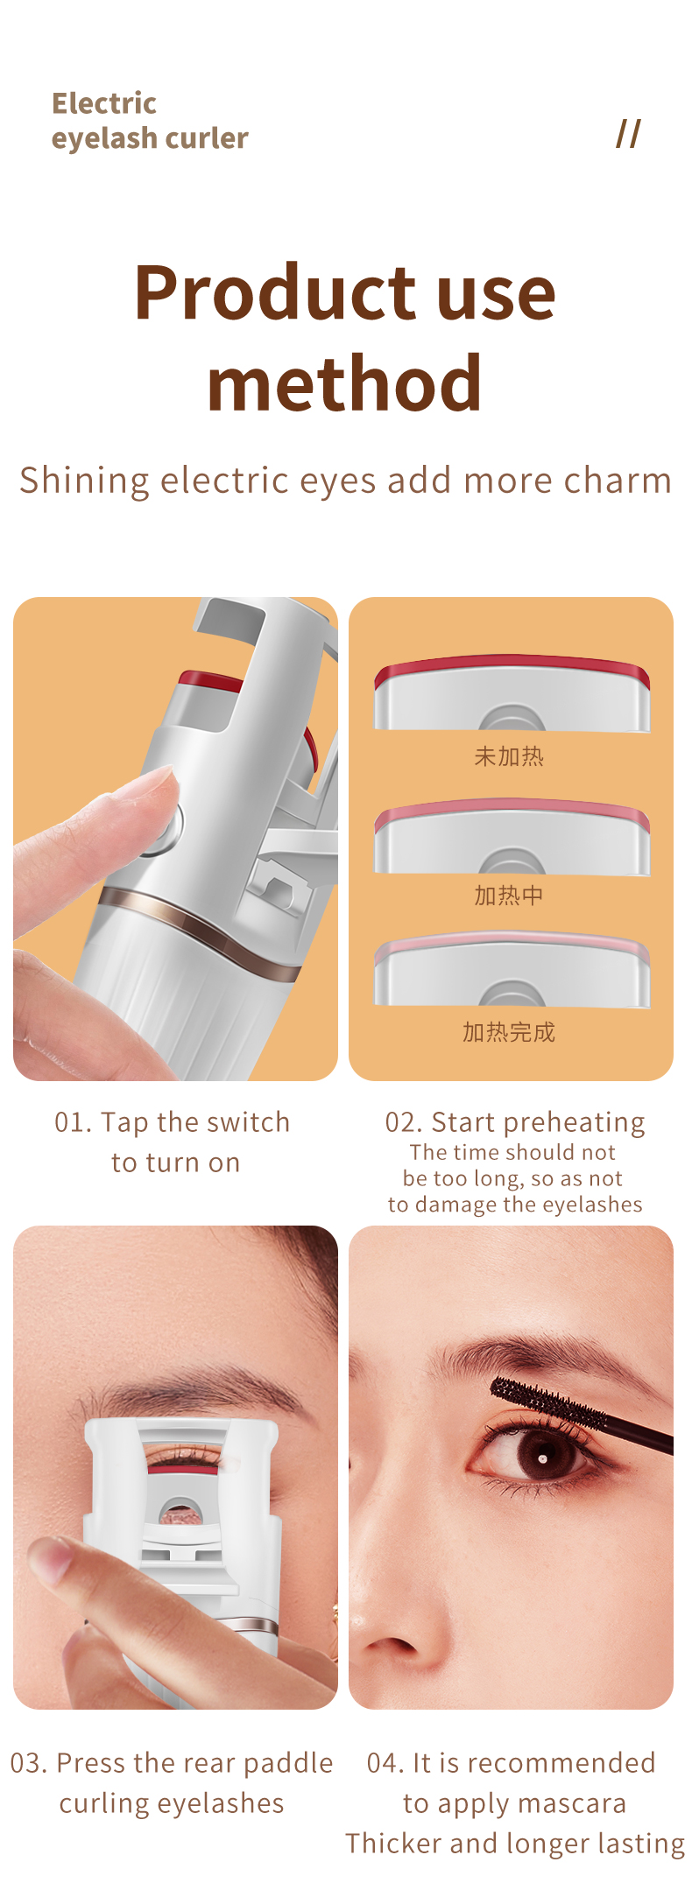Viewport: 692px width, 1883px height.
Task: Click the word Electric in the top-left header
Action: click(x=103, y=103)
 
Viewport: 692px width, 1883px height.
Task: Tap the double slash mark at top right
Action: click(x=628, y=134)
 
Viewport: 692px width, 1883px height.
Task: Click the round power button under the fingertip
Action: click(x=166, y=827)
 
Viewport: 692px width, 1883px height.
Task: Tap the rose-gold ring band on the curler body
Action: click(x=201, y=928)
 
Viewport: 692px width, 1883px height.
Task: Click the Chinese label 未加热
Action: click(x=509, y=756)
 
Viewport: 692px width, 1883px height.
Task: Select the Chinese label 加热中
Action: click(x=509, y=896)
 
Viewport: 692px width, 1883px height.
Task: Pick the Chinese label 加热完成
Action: click(x=509, y=1033)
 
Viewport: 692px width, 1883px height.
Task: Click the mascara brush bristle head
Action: click(x=543, y=1401)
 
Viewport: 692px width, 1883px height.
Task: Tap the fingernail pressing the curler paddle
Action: click(x=51, y=1558)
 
